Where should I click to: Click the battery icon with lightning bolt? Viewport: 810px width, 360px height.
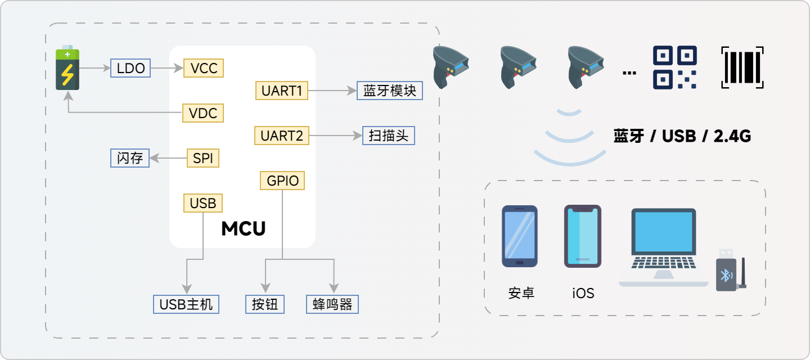tap(67, 68)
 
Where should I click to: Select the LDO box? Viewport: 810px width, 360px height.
tap(131, 69)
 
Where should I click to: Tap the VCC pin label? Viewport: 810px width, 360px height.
tap(204, 69)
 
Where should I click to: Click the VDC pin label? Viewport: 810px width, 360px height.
tap(204, 113)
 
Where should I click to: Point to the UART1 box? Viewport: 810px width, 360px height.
tap(282, 91)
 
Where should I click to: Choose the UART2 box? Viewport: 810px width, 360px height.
tap(281, 136)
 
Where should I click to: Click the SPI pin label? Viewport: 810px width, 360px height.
tap(202, 158)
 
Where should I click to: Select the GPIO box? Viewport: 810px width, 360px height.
tap(282, 181)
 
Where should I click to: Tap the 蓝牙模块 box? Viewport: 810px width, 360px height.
tap(390, 91)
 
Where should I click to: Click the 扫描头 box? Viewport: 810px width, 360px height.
tap(389, 136)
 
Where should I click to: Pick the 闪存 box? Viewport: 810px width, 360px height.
tap(129, 158)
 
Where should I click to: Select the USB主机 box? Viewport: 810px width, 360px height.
tap(186, 304)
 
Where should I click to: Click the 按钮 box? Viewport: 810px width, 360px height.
tap(265, 304)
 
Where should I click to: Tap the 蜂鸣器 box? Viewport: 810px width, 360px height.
tap(332, 304)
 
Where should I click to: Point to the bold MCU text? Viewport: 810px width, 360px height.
tap(243, 229)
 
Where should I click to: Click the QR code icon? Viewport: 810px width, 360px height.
tap(674, 67)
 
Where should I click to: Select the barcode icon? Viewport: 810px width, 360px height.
tap(742, 67)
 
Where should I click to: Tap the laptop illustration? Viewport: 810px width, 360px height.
tap(664, 247)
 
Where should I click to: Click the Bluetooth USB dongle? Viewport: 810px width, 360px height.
tap(730, 271)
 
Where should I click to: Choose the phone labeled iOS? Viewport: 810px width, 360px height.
tap(583, 236)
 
